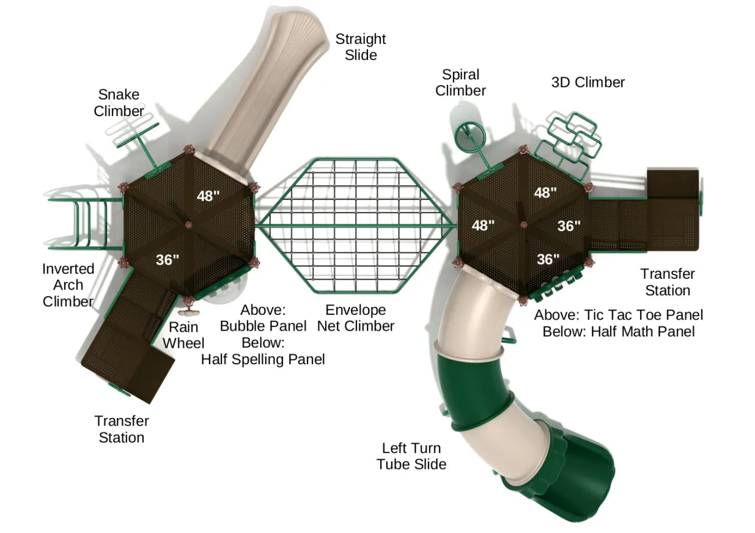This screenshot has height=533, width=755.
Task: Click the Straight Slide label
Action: tap(360, 46)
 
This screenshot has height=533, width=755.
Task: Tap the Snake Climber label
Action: tap(119, 103)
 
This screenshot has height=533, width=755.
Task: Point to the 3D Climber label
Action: tap(587, 83)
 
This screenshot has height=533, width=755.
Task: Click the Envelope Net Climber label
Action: tap(355, 318)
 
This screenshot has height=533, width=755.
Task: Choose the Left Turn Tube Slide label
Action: tap(411, 456)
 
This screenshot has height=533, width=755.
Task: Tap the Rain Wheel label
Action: tap(183, 335)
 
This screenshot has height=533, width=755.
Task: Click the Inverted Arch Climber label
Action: tap(68, 285)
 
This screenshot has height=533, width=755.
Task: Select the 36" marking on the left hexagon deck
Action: tap(167, 259)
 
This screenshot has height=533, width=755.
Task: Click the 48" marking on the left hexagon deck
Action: tap(208, 196)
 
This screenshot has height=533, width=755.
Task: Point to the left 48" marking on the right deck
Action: tap(482, 225)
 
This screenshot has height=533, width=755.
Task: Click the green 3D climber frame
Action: tap(572, 138)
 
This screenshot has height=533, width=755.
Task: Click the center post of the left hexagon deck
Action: tap(188, 226)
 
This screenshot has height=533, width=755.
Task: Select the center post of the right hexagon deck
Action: tap(523, 226)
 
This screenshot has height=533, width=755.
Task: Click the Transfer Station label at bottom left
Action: tap(121, 429)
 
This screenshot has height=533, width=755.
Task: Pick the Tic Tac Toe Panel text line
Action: tap(618, 315)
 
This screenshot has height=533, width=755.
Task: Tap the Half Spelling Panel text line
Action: tap(263, 359)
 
